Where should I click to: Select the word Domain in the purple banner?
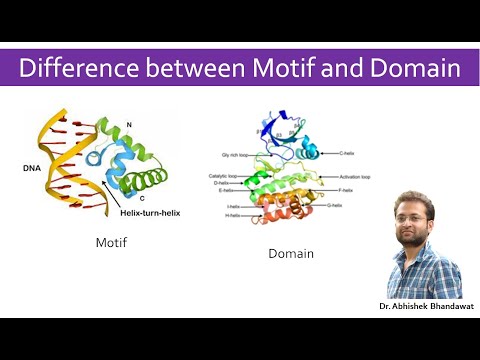(410, 70)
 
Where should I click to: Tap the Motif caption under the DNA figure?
(113, 243)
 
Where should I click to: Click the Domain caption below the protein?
(290, 254)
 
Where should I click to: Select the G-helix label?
(350, 205)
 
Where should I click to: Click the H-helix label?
(231, 217)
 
